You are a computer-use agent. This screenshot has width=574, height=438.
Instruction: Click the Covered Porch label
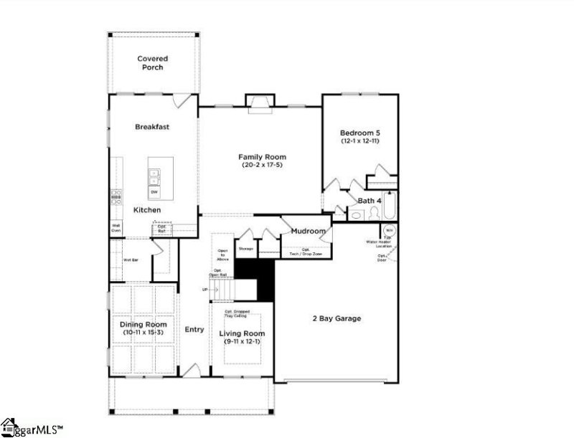[x=151, y=62]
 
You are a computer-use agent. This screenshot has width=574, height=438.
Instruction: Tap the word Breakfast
[x=152, y=127]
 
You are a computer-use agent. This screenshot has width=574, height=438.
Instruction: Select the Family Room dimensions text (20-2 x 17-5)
[x=263, y=166]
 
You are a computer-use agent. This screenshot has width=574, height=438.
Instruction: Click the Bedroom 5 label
[x=359, y=133]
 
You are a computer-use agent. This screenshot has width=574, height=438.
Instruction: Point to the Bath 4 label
[x=369, y=201]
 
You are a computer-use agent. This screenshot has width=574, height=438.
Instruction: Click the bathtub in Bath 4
[x=390, y=207]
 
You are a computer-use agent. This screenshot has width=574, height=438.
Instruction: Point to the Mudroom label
[x=308, y=231]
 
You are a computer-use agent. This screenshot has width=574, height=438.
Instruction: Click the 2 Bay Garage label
[x=335, y=318]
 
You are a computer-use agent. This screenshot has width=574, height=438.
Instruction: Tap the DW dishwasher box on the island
[x=154, y=192]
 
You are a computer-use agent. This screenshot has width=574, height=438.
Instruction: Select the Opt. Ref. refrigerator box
[x=162, y=229]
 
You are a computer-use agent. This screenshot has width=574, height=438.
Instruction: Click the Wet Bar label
[x=130, y=260]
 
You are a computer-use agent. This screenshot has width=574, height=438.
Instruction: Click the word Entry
[x=194, y=329]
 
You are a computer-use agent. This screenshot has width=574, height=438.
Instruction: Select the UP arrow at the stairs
[x=205, y=290]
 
